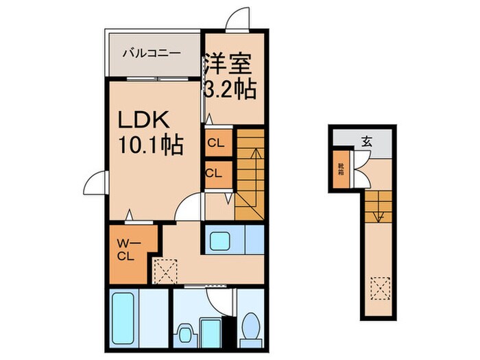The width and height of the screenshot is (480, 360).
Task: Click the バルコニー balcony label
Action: click(x=152, y=52)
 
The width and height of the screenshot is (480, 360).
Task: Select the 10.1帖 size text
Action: click(x=149, y=145)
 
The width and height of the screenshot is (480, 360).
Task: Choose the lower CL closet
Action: click(x=213, y=173)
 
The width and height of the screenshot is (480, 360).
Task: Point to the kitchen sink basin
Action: click(x=220, y=241)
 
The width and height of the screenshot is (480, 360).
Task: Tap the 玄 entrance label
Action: click(x=366, y=143)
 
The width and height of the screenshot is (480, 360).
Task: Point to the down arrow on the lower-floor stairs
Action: click(x=376, y=213)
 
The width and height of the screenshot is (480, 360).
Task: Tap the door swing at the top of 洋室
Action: click(x=237, y=19)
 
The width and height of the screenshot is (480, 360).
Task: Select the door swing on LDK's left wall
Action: click(x=95, y=183)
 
